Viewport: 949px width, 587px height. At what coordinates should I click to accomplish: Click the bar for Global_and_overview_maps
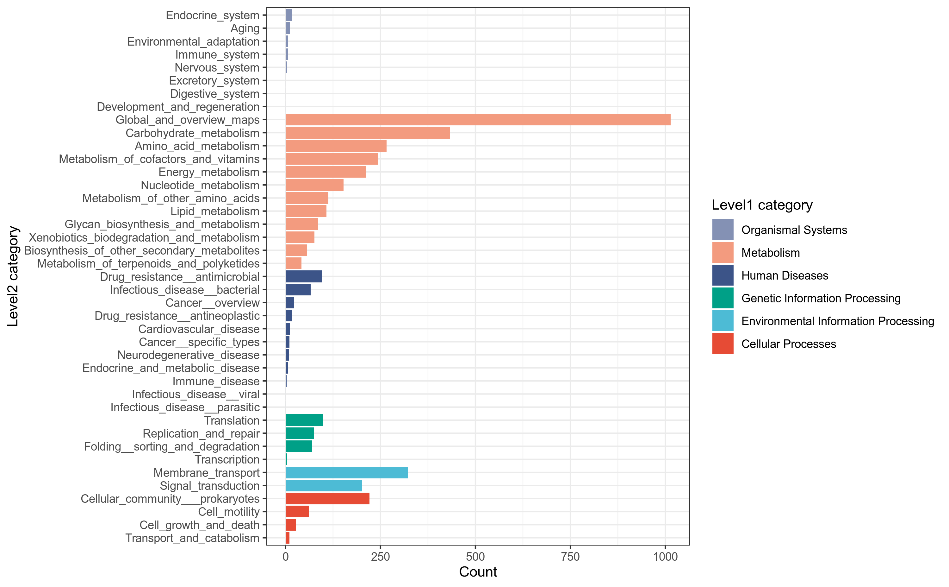coord(478,120)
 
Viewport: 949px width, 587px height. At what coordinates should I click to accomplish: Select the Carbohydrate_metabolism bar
coord(368,133)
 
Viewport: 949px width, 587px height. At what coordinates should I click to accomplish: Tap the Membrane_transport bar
coord(346,472)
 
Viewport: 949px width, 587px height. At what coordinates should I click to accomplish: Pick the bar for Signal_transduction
coord(323,485)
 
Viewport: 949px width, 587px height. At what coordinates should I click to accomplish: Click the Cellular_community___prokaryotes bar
coord(327,498)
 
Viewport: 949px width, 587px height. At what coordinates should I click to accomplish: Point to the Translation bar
coord(304,420)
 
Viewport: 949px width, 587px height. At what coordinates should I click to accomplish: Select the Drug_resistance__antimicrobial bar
coord(303,276)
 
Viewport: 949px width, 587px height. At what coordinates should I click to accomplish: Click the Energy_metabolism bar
coord(326,172)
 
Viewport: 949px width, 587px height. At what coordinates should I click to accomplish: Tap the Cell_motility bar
coord(297,512)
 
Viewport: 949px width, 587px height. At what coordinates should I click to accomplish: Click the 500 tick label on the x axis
coord(475,557)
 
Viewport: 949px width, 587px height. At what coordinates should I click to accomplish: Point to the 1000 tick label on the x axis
coord(665,557)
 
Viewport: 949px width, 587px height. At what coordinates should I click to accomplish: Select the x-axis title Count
coord(478,572)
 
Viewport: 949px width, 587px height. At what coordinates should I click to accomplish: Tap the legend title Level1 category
coord(762,205)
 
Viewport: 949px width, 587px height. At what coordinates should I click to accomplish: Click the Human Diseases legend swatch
coord(723,275)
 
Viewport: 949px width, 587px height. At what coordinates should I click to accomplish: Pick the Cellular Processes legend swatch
coord(723,344)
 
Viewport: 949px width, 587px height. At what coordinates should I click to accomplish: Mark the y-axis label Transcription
coord(227,460)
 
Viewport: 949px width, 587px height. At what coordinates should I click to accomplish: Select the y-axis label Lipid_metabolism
coord(215,211)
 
